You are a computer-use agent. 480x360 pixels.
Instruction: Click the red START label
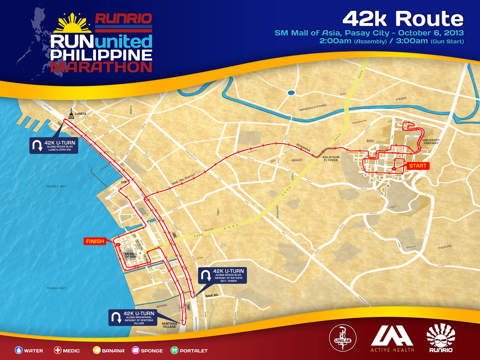tap(418, 166)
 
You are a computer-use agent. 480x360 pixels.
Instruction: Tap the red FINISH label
tap(95, 241)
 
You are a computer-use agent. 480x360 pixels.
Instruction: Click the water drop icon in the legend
tap(19, 350)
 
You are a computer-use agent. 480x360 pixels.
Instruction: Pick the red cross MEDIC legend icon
tap(58, 350)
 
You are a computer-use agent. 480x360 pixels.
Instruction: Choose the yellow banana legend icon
tap(97, 350)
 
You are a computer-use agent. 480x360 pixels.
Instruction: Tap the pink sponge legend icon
tap(136, 350)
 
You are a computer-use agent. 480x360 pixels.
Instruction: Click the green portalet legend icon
tap(174, 350)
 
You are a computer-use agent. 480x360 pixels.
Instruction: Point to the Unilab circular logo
tap(343, 338)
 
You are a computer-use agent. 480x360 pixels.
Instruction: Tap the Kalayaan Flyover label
tap(331, 158)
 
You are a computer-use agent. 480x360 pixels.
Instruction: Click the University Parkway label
tap(431, 142)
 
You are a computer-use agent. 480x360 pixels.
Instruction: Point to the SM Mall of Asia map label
tap(131, 255)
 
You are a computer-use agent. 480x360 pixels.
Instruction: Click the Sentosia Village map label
tap(169, 325)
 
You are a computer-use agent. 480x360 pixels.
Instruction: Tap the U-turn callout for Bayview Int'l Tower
tap(222, 275)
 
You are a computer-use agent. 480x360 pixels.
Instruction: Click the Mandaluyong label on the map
tap(313, 107)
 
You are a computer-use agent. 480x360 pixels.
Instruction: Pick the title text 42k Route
tap(403, 19)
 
